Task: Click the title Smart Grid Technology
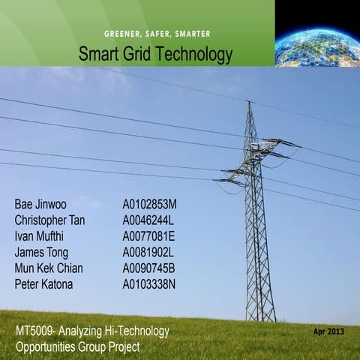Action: (155, 54)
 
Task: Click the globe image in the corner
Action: (317, 33)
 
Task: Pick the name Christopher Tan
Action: (55, 220)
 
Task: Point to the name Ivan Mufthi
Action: (40, 235)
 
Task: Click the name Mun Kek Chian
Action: (49, 268)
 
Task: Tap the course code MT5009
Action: (34, 331)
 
